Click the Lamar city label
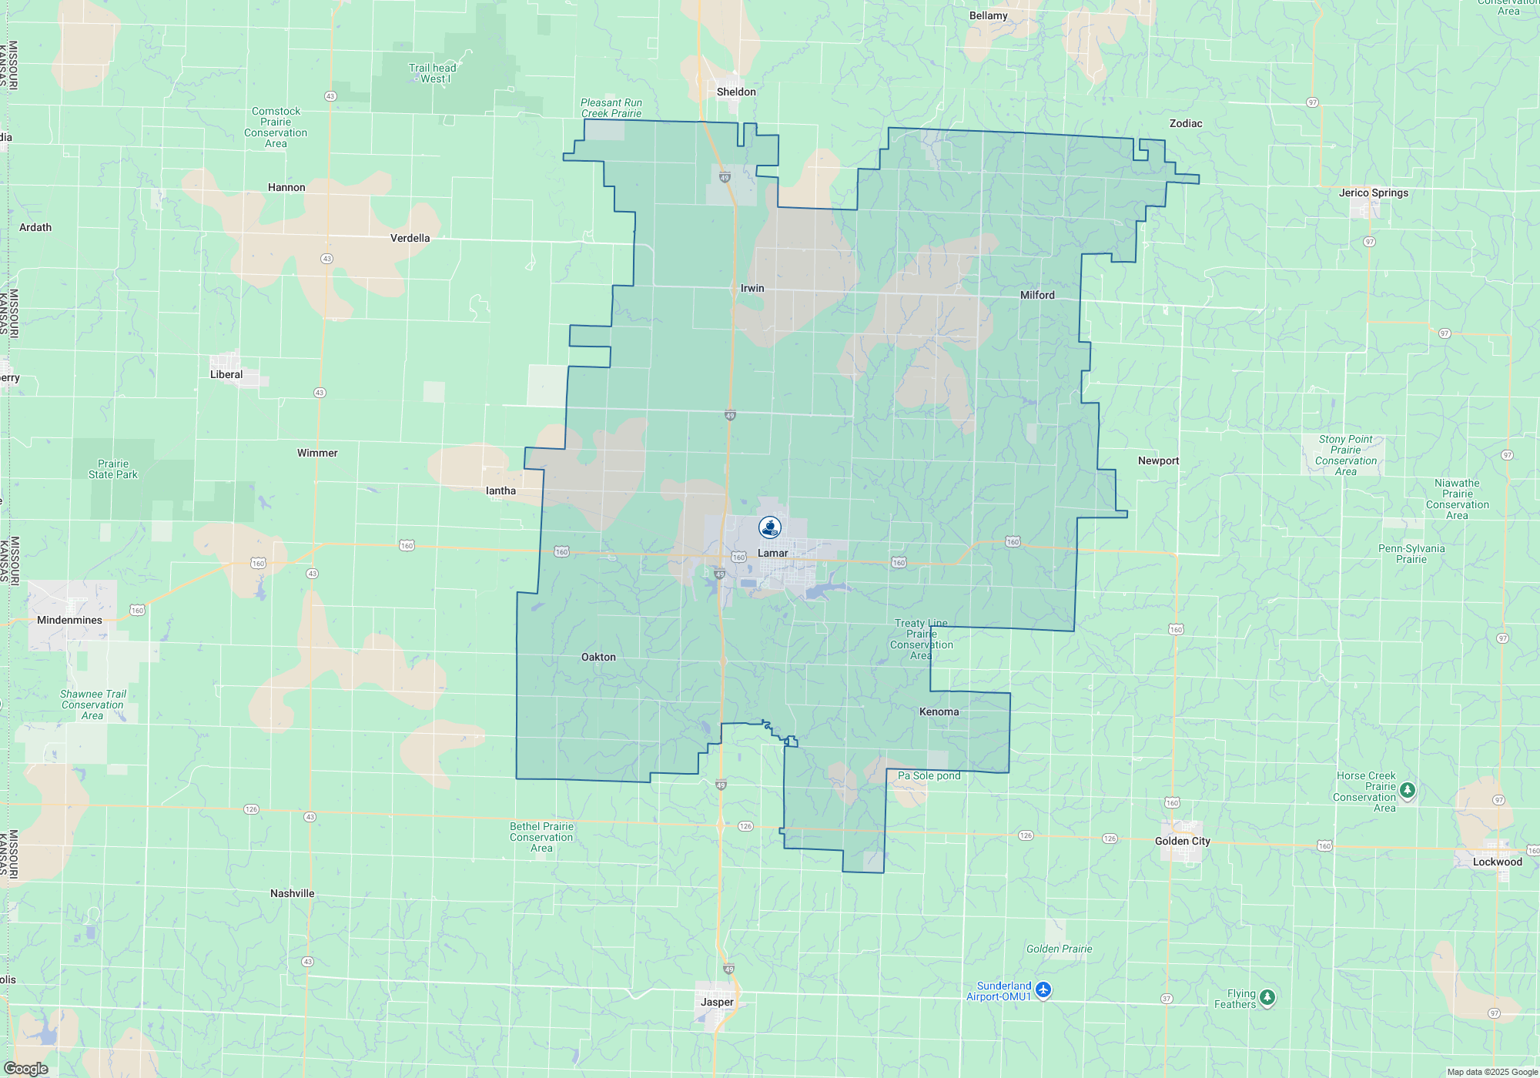[x=772, y=553]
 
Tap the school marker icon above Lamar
[x=770, y=527]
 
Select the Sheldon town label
[x=736, y=92]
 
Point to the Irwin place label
[x=752, y=288]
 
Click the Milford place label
[x=1037, y=295]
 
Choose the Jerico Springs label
[x=1373, y=192]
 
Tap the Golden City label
[x=1182, y=841]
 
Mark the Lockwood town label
[x=1497, y=862]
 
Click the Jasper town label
[x=717, y=1002]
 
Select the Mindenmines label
[x=69, y=620]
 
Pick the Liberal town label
[x=226, y=374]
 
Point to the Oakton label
[x=598, y=657]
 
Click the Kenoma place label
[x=939, y=711]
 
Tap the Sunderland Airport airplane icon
[x=1043, y=989]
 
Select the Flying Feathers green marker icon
[x=1267, y=998]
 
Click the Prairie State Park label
[x=113, y=469]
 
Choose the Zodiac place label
[x=1185, y=123]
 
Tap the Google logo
[x=26, y=1069]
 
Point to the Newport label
[x=1158, y=460]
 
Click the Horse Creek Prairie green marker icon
[x=1408, y=790]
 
